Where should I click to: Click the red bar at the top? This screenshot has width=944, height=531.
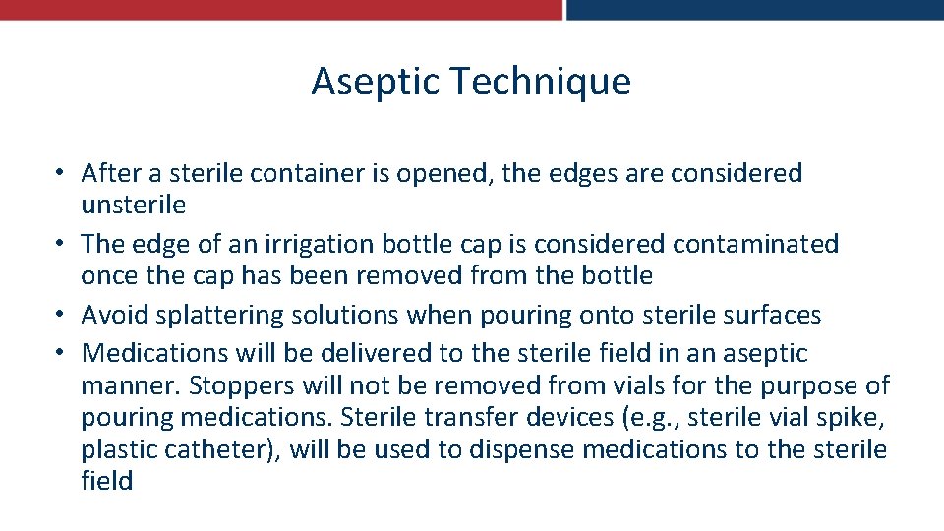[280, 9]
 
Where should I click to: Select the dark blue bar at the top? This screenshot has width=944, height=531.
[754, 9]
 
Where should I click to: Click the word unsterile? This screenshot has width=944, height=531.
[134, 205]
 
